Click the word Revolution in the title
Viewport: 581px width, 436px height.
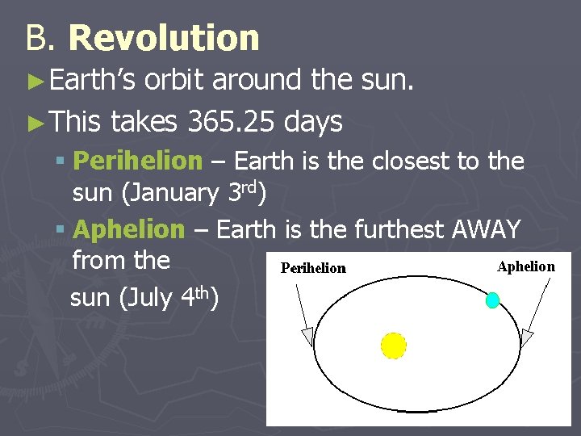tap(165, 38)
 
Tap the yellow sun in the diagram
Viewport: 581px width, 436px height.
tap(394, 345)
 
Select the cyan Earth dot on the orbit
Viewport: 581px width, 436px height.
tap(492, 300)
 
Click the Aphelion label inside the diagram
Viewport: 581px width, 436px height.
tap(526, 266)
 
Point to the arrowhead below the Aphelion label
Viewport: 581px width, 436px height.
tap(527, 337)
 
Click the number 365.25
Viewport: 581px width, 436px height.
tap(228, 122)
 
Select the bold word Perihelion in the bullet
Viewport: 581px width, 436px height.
tap(137, 161)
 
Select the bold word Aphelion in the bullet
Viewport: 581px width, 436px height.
tap(129, 230)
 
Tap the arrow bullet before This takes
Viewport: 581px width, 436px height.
tap(34, 123)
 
